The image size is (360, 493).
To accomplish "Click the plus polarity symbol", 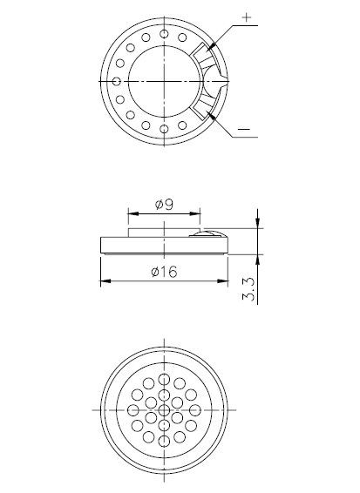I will [x=246, y=17].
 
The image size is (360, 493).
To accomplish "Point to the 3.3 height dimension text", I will [x=249, y=285].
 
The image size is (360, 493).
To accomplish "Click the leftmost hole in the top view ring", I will [x=116, y=81].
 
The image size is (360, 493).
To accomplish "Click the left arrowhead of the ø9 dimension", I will [x=131, y=212].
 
